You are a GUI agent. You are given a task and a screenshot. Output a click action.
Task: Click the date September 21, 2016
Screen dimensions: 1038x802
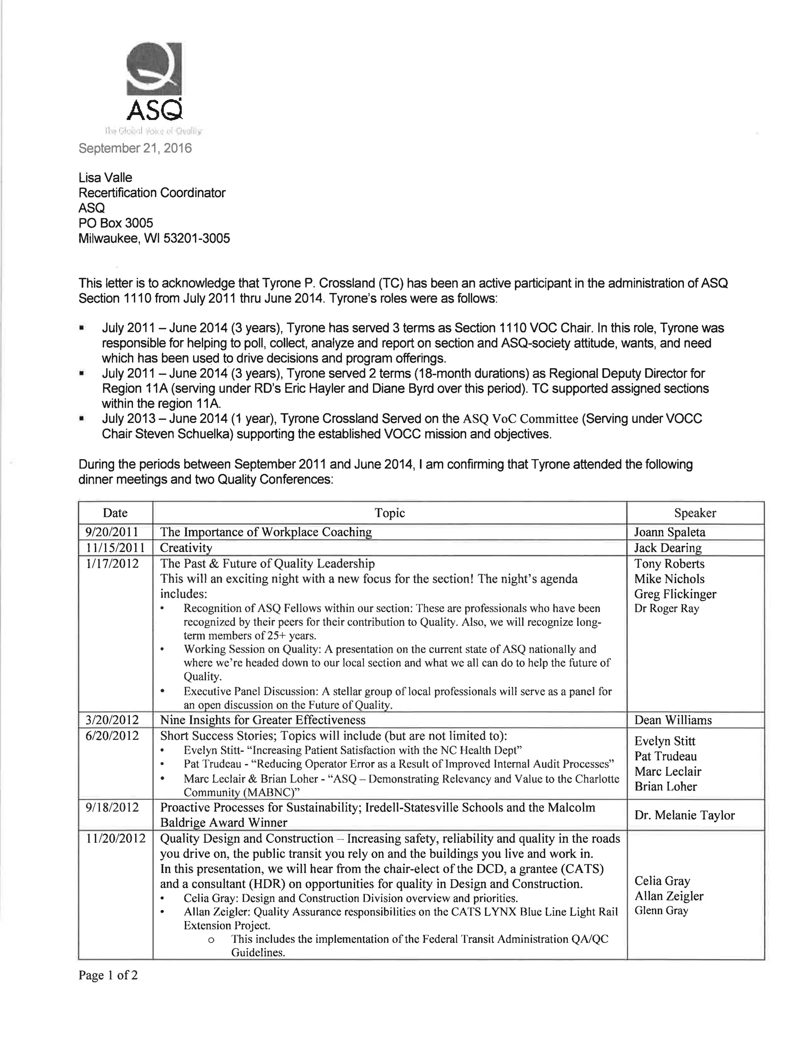135,148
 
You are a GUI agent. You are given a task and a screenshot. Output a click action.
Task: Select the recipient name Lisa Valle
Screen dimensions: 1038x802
105,178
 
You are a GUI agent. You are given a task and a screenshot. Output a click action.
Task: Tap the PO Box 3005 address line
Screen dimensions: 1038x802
116,223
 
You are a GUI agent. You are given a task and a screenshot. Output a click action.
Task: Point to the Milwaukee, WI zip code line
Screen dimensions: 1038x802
154,238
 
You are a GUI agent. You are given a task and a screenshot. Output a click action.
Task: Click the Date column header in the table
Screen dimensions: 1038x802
115,513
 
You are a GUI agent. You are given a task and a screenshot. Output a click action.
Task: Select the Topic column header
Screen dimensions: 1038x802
389,513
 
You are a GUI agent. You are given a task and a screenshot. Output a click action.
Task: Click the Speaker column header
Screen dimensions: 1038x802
695,513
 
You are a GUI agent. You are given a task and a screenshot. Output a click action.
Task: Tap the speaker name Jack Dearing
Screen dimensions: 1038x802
668,548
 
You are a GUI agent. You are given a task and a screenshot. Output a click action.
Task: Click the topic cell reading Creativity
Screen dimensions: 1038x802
186,548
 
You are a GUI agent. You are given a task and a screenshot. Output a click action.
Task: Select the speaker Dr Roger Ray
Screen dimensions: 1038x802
666,609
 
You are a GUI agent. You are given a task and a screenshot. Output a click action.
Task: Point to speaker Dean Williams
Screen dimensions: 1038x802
673,720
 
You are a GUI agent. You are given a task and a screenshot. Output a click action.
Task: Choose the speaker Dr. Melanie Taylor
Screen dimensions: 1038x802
684,815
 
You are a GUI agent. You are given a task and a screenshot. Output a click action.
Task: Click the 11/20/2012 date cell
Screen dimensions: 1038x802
116,838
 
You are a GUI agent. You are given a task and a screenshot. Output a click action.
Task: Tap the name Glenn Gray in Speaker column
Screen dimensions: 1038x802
661,911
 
